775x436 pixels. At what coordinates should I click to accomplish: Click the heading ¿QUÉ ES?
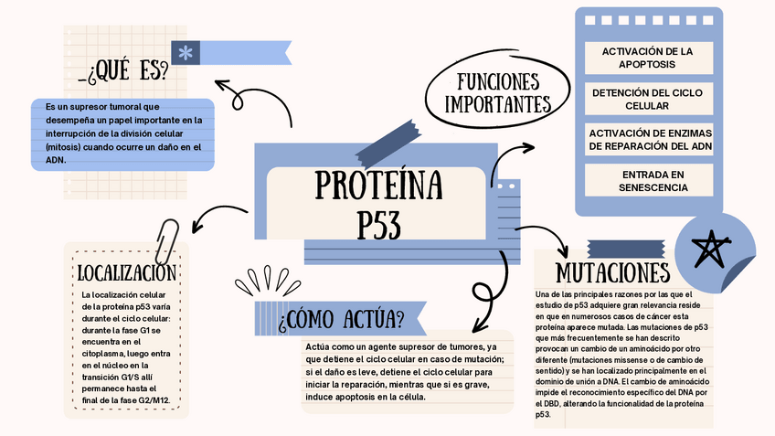coord(128,70)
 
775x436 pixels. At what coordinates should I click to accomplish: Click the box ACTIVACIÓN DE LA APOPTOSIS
coord(647,58)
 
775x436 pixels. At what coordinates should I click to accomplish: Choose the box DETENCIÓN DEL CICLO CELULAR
coord(647,99)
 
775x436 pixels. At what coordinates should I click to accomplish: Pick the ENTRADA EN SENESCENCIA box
coord(647,180)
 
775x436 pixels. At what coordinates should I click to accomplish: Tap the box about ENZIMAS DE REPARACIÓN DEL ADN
coord(647,140)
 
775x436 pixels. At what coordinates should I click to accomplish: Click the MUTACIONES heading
coord(612,272)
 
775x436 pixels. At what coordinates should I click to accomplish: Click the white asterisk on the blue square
coord(186,53)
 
